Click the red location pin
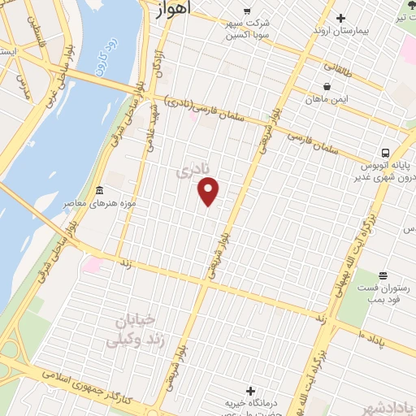tap(210, 192)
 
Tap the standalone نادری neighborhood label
tap(193, 170)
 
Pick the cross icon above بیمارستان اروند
tap(340, 18)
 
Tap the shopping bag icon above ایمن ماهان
tap(327, 86)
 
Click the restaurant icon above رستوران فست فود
tap(383, 276)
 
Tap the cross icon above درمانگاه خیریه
tap(250, 391)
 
